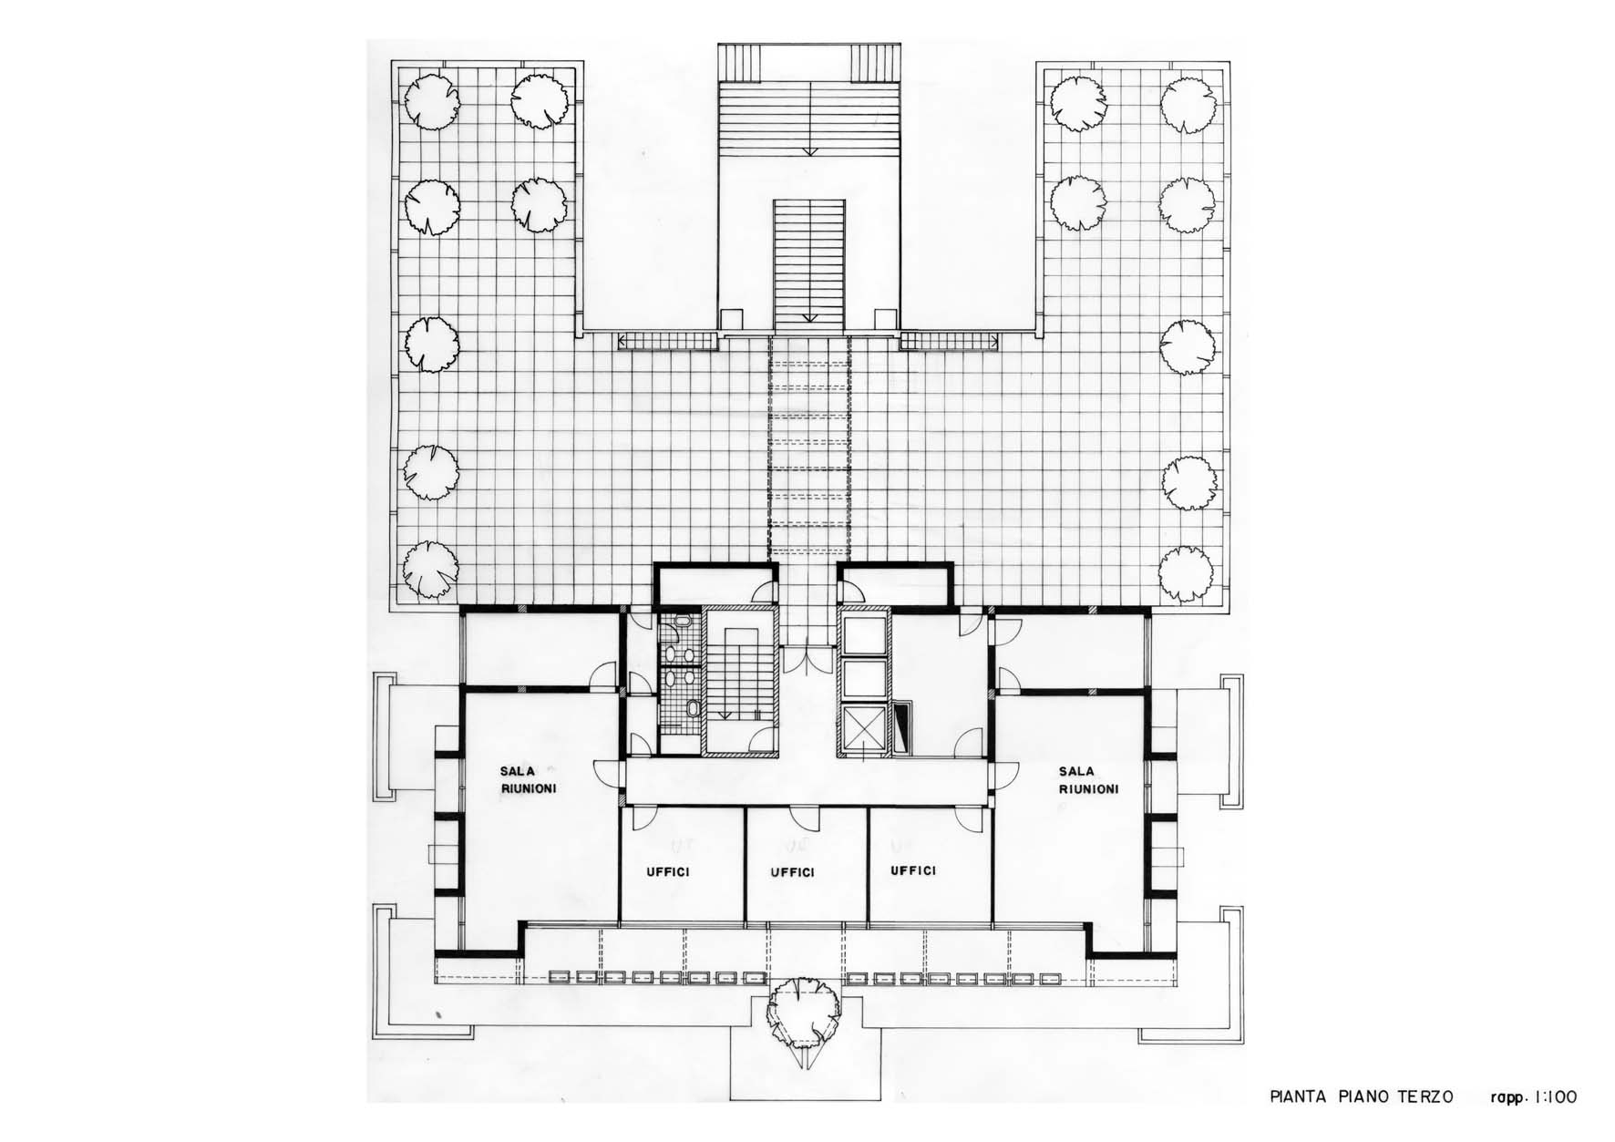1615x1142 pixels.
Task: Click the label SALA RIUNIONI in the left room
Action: click(529, 779)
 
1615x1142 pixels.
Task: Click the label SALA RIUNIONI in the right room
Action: click(1088, 780)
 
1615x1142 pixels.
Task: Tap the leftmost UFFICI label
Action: click(668, 872)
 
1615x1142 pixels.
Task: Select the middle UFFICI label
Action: click(792, 872)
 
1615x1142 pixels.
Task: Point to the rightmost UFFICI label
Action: click(913, 870)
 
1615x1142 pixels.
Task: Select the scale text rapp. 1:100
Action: click(1533, 1097)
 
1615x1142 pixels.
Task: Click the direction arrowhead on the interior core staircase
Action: click(726, 715)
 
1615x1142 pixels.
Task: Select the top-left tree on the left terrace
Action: click(430, 98)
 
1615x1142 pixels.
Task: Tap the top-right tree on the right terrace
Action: click(1187, 104)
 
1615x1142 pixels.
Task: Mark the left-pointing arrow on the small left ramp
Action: click(623, 342)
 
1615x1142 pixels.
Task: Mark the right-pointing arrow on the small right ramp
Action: click(995, 342)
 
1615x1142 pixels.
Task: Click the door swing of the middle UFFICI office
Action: click(802, 818)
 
